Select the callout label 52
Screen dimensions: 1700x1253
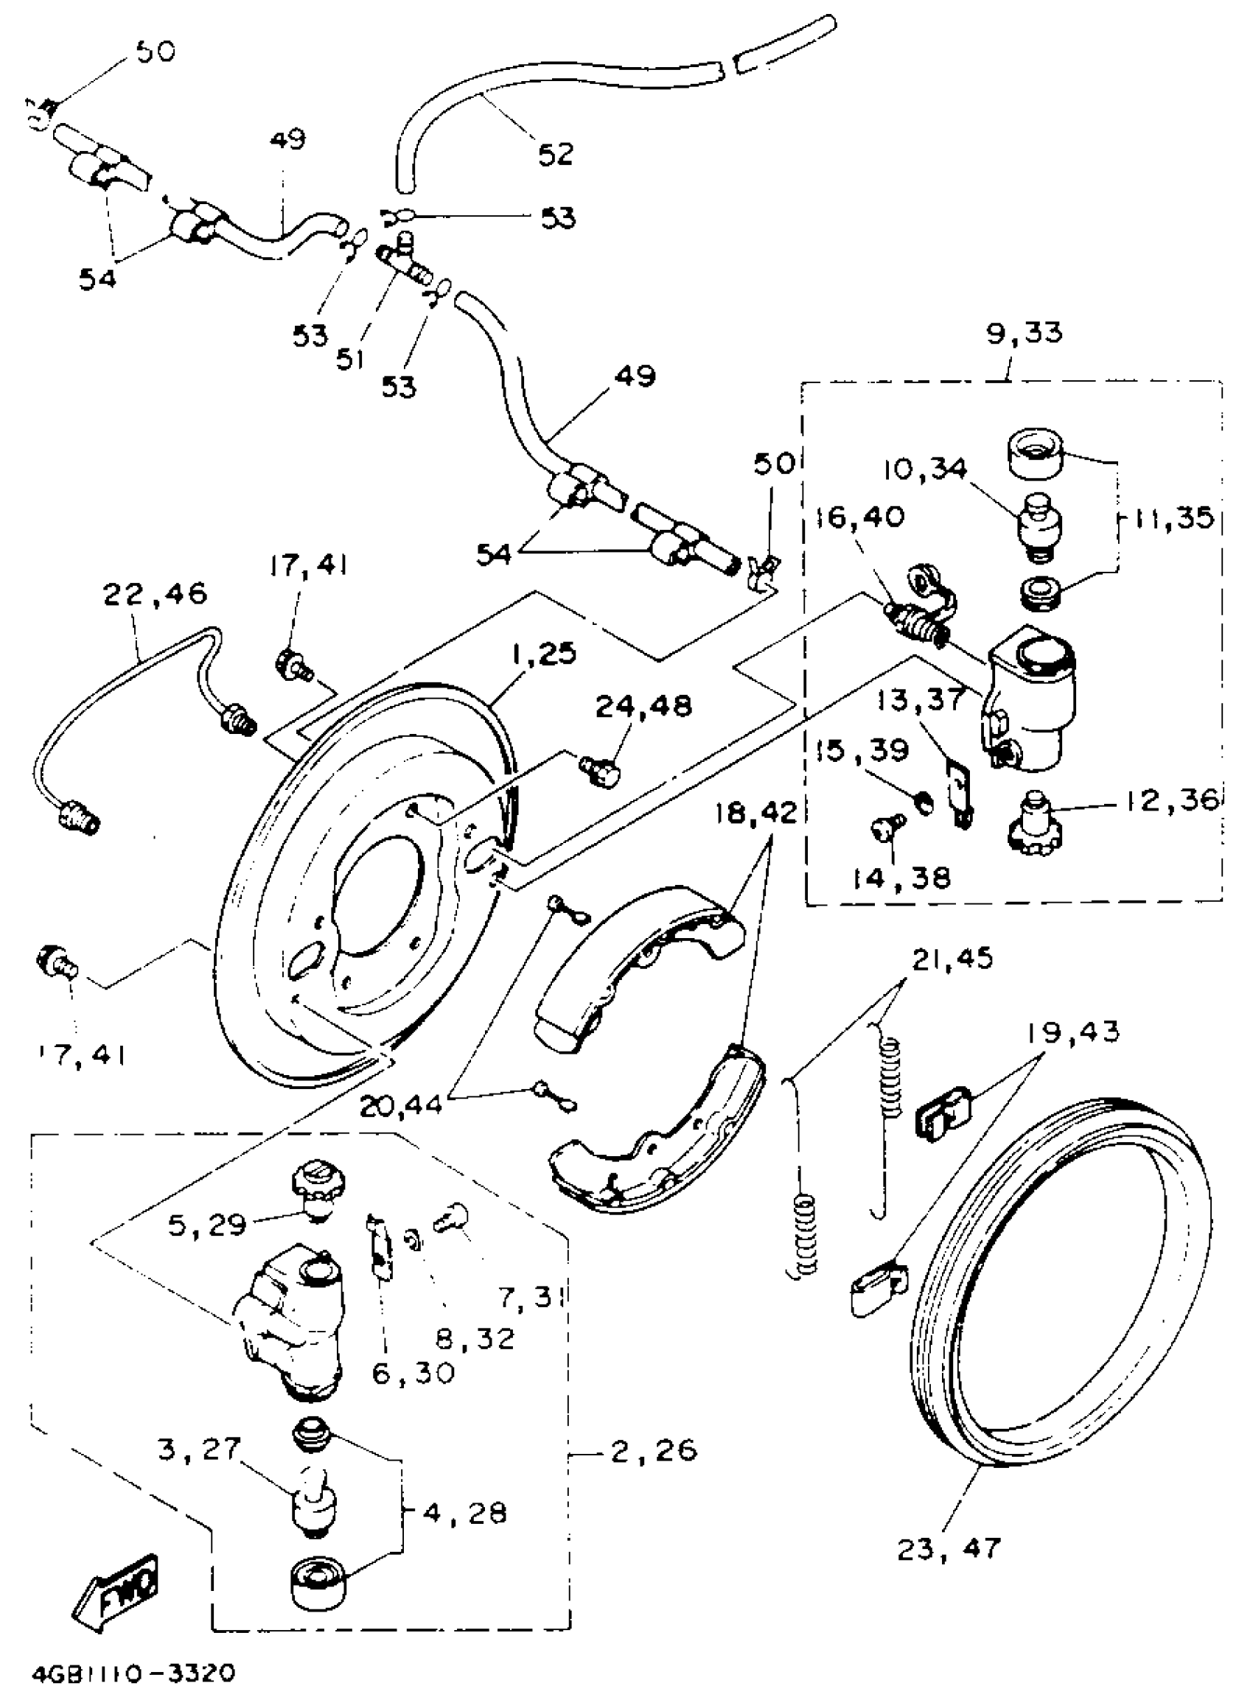(x=555, y=154)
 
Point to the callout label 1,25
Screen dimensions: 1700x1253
(x=543, y=653)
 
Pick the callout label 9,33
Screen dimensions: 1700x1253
(x=1024, y=332)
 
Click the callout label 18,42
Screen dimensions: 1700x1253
(x=756, y=813)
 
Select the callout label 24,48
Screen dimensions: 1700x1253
(x=643, y=706)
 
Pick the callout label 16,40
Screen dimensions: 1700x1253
(x=860, y=517)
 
